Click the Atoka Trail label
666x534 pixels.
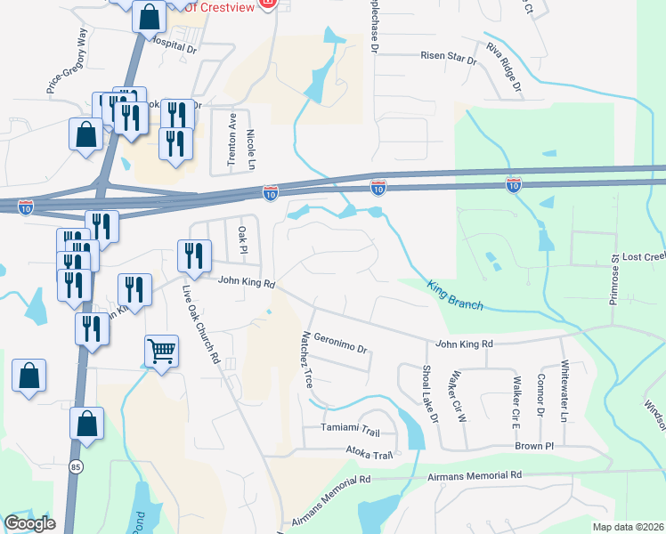click(x=370, y=455)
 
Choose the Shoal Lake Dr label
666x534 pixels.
click(x=429, y=392)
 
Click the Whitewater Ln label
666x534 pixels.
click(x=564, y=389)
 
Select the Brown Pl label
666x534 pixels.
click(x=534, y=445)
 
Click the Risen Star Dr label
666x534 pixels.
click(x=449, y=57)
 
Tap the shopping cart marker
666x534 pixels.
click(x=161, y=351)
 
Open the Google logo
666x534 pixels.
click(x=30, y=522)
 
